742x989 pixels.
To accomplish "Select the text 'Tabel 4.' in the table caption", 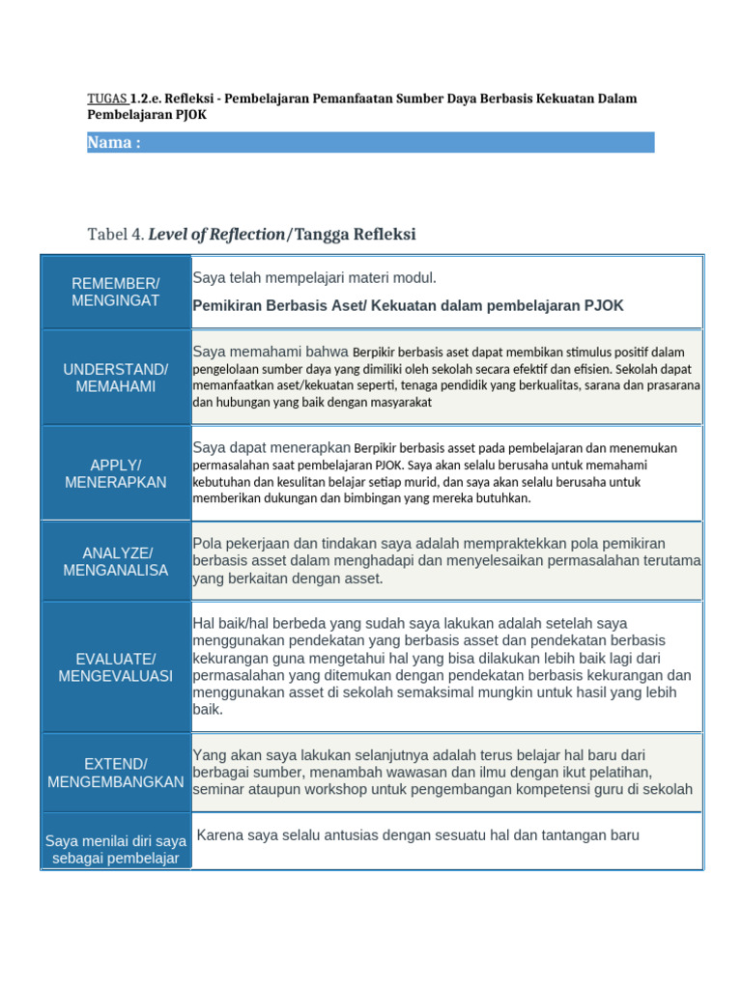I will [116, 234].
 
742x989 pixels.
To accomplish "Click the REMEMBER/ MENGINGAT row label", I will [116, 292].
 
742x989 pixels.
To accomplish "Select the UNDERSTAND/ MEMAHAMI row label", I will [116, 378].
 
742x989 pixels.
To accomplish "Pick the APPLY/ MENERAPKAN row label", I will [116, 473].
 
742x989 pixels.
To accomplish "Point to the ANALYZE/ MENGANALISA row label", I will [116, 561].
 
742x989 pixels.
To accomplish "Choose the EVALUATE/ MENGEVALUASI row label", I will [116, 666].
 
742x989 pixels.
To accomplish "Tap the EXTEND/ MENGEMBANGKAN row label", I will [116, 772].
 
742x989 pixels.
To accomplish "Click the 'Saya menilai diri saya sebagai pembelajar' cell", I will [116, 849].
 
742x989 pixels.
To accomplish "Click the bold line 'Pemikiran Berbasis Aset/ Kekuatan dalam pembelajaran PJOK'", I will [408, 305].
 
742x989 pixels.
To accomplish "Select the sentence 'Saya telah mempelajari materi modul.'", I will [315, 278].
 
